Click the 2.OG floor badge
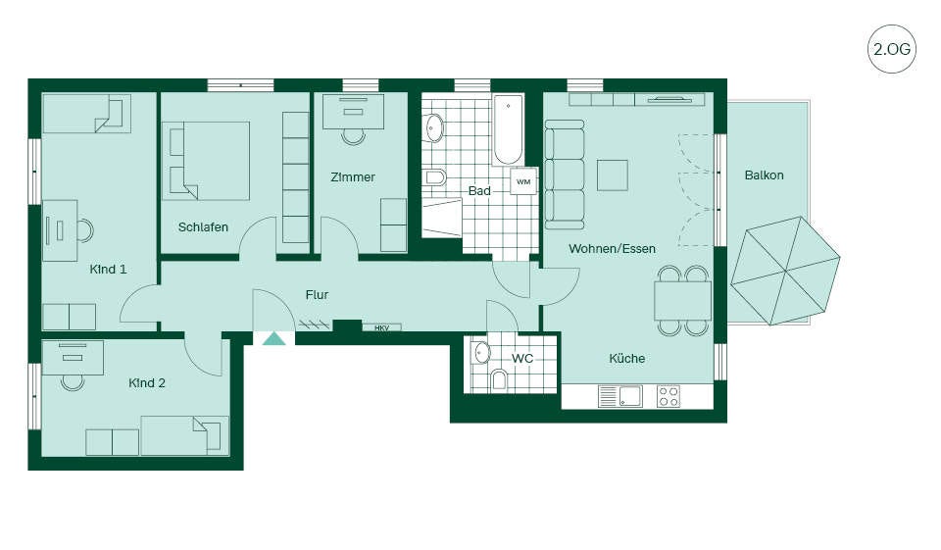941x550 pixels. tap(892, 49)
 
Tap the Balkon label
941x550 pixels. tap(764, 175)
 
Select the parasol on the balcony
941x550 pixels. tap(785, 271)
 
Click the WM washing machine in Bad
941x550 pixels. tap(523, 181)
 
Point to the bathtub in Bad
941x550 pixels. tap(509, 130)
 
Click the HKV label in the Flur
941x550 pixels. tap(381, 327)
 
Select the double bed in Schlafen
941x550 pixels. tap(206, 161)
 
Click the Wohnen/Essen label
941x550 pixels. tap(612, 249)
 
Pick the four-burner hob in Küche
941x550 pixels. tap(669, 396)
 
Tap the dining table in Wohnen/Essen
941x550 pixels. tap(683, 301)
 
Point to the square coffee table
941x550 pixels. tap(613, 175)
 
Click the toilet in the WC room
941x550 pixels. tap(499, 380)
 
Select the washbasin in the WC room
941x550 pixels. tap(481, 353)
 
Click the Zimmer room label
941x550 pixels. tap(353, 177)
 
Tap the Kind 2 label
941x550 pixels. tap(147, 383)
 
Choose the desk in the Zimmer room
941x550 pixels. tap(354, 112)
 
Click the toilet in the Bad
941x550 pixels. tap(435, 177)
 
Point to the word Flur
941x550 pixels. tap(317, 295)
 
